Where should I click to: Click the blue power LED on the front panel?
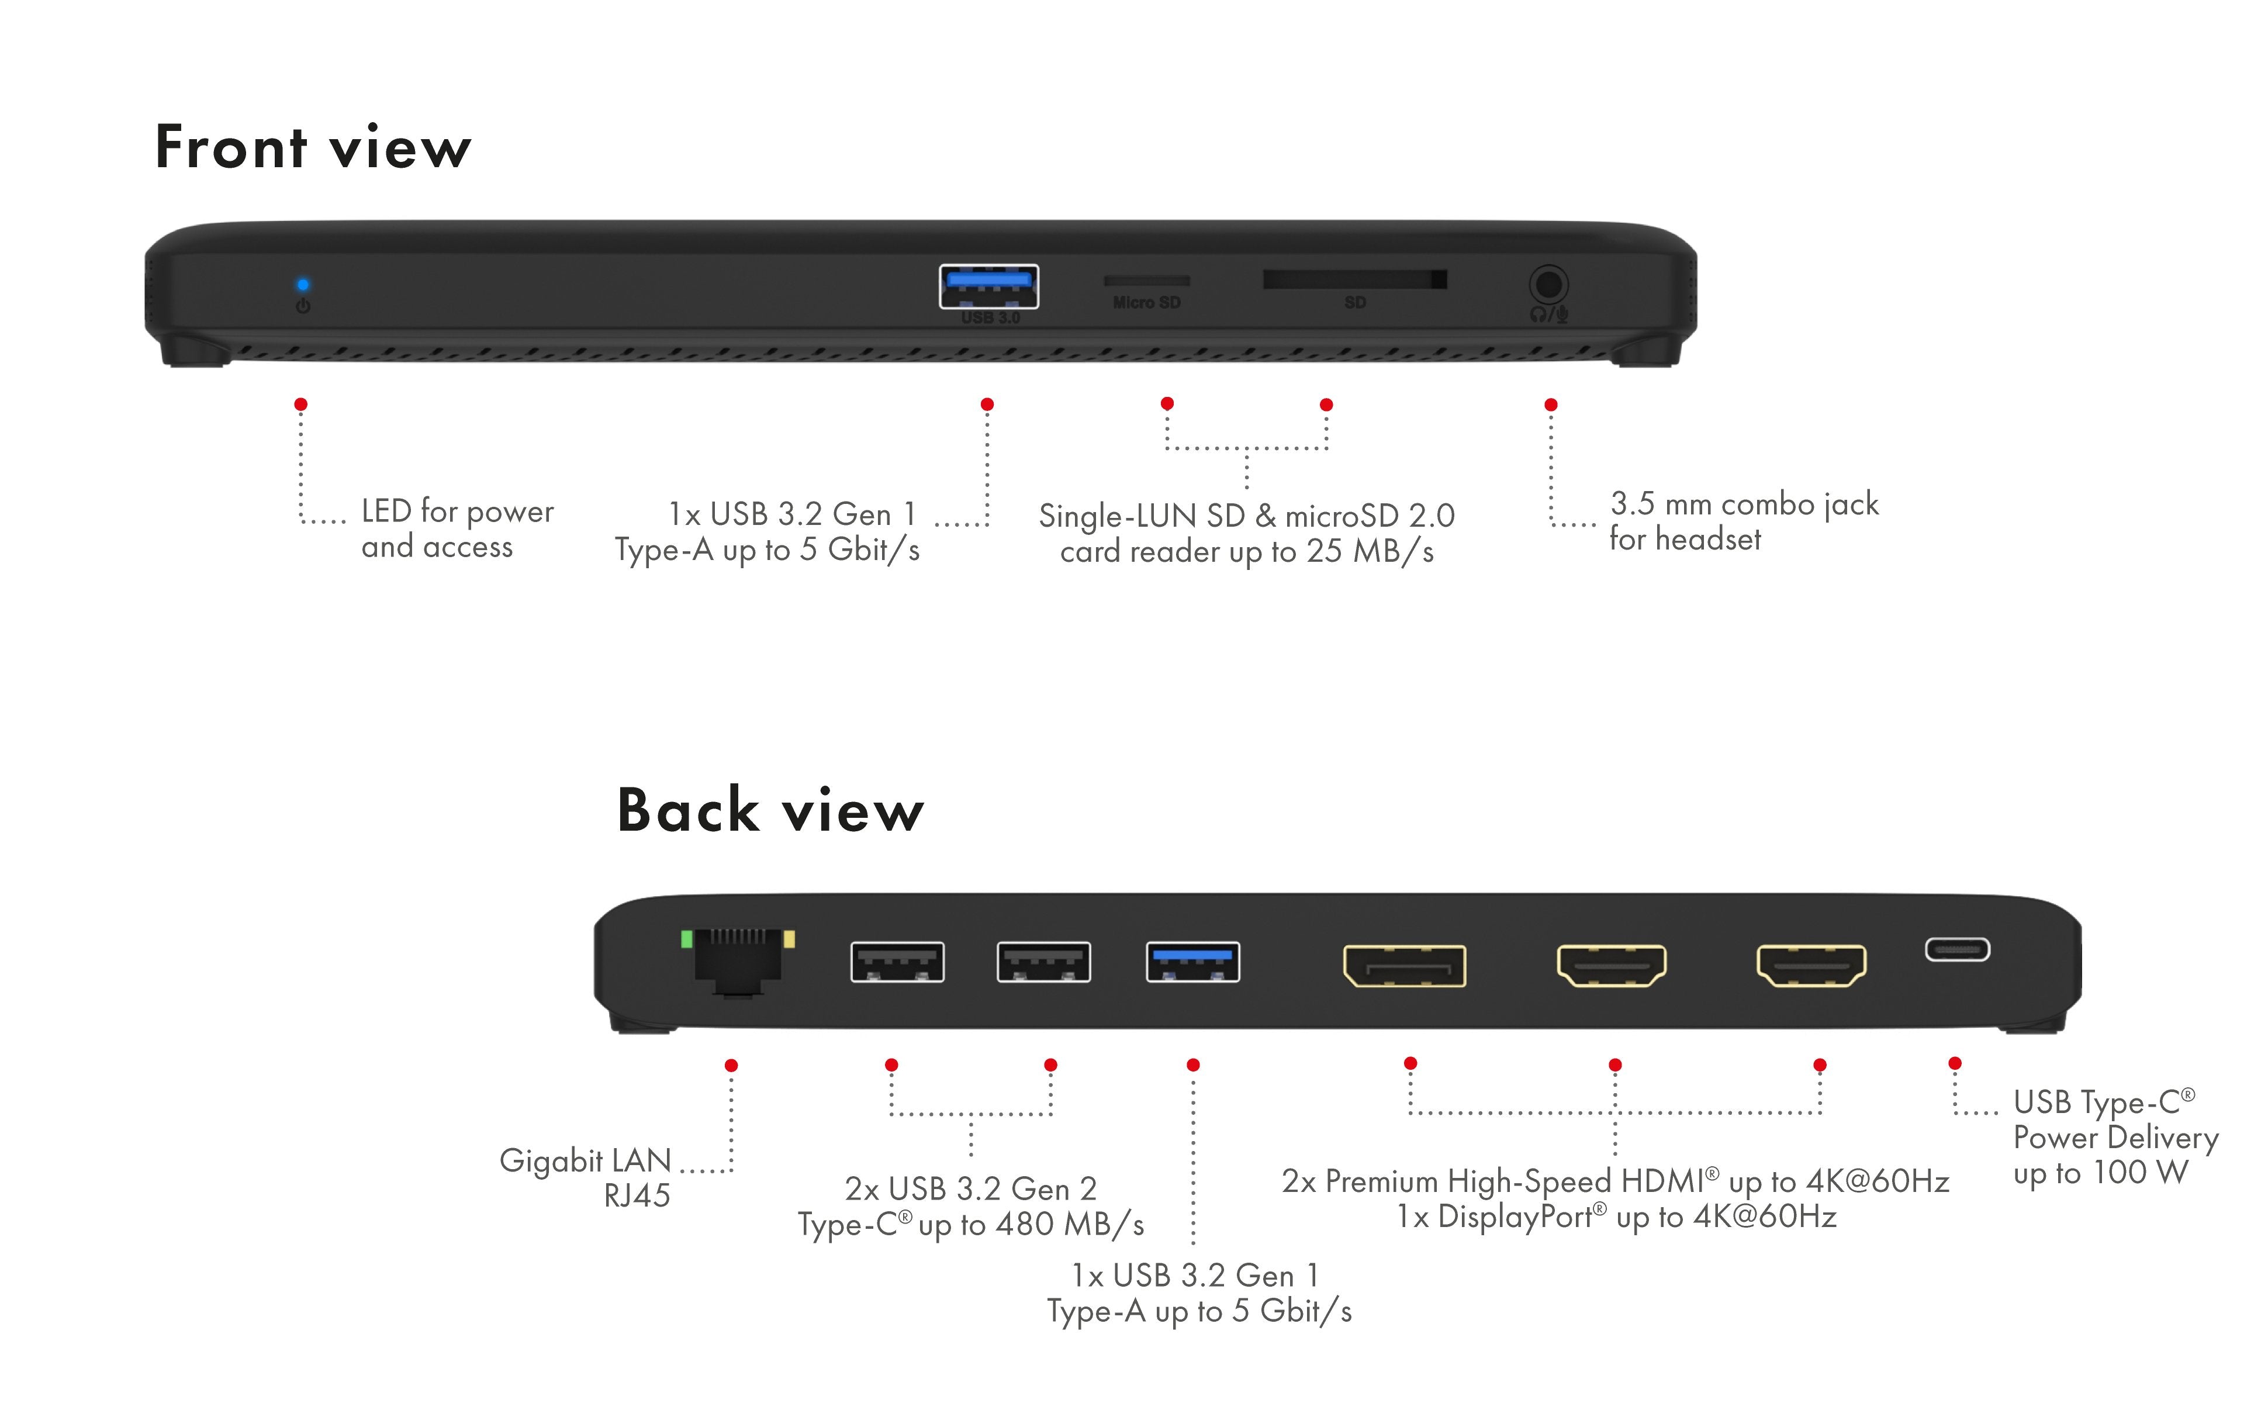tap(302, 285)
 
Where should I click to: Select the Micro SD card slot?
tap(1146, 280)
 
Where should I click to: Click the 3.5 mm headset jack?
tap(1547, 285)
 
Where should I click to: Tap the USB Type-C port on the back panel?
tap(1956, 949)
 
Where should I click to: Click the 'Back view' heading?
tap(770, 810)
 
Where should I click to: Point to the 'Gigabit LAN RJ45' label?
tap(586, 1177)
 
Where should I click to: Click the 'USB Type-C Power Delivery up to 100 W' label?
tap(2114, 1138)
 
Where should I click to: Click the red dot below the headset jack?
tap(1550, 405)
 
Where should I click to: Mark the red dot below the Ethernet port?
tap(731, 1065)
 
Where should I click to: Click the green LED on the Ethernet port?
tap(686, 939)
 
